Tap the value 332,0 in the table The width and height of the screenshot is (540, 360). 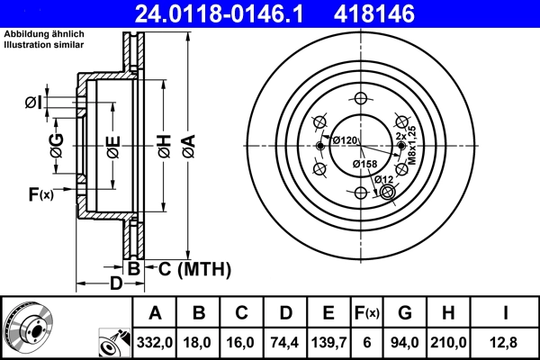pyautogui.click(x=155, y=342)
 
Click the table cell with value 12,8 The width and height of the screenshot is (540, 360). pyautogui.click(x=505, y=342)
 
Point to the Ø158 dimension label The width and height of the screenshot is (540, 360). pyautogui.click(x=364, y=164)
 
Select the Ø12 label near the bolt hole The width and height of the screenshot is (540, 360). pyautogui.click(x=384, y=179)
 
